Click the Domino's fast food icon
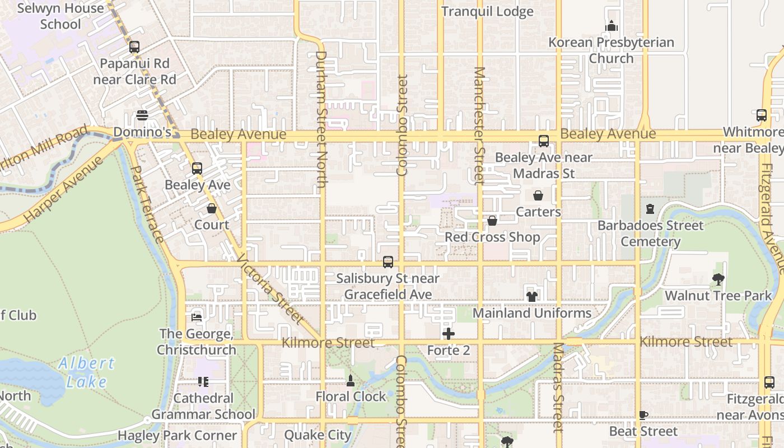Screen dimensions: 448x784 point(142,115)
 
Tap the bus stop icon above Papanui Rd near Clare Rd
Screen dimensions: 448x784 point(134,47)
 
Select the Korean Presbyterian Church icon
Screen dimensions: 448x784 point(611,26)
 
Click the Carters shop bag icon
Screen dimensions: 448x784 point(538,195)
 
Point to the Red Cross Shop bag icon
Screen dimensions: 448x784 point(492,221)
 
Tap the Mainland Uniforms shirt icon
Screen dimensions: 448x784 point(531,296)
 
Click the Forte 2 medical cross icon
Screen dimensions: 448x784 point(448,334)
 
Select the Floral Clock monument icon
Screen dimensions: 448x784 point(351,381)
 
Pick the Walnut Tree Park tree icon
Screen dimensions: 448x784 point(718,279)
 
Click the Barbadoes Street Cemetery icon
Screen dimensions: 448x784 point(650,209)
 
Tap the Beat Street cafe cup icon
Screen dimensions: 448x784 point(643,415)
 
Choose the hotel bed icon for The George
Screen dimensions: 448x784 point(196,317)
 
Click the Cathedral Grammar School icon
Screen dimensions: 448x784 point(203,382)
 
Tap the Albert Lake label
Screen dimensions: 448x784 point(86,372)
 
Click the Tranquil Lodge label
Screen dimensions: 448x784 point(487,12)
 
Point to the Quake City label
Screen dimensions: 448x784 point(318,435)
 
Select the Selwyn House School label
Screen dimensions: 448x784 point(60,16)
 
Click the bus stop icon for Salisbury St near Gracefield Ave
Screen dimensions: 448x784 point(388,262)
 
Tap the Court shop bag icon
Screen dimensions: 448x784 point(212,209)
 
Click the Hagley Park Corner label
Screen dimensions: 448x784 point(177,435)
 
